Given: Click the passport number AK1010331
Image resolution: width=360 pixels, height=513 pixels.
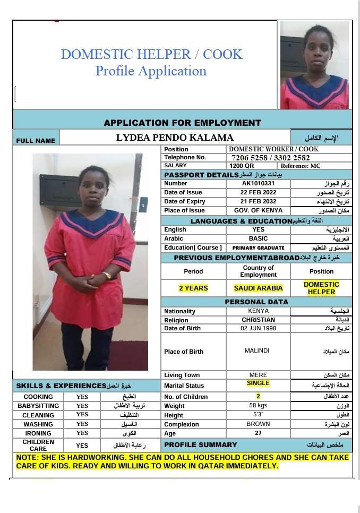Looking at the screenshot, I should (x=258, y=183).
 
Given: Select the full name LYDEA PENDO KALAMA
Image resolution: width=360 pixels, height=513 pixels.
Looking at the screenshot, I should (x=175, y=138).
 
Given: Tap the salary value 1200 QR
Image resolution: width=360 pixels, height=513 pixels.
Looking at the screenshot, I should (x=242, y=166).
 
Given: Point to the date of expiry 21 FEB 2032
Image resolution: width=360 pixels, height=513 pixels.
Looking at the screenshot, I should (x=258, y=201).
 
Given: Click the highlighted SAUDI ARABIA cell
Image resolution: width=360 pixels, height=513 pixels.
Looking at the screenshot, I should (x=258, y=288).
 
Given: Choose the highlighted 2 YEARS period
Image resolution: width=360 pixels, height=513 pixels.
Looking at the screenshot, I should (x=193, y=288).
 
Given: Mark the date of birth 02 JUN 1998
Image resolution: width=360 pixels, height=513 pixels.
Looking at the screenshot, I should (x=258, y=328).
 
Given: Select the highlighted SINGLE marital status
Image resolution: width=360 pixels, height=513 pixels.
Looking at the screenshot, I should (x=258, y=383).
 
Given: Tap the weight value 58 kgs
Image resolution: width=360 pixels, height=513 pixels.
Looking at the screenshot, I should (x=258, y=406).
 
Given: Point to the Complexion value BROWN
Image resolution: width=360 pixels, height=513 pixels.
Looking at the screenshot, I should (x=258, y=424).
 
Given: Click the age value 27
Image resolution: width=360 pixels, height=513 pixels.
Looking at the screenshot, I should (x=258, y=433).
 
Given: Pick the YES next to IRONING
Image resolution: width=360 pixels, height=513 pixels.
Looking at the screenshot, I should (x=82, y=433).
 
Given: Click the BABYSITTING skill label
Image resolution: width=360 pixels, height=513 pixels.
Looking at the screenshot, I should (x=38, y=406).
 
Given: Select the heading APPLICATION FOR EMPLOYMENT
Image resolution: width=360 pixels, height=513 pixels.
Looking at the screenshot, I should (x=182, y=123).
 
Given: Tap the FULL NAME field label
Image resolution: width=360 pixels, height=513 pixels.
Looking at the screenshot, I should (x=36, y=141).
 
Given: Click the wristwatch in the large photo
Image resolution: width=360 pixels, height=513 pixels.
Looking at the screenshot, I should (x=108, y=276).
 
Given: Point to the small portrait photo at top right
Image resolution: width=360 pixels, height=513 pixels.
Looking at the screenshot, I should (x=314, y=65).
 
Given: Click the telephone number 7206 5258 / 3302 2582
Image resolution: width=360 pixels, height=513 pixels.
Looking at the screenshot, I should (x=271, y=158).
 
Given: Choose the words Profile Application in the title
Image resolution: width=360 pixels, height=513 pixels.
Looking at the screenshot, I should (x=151, y=71).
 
